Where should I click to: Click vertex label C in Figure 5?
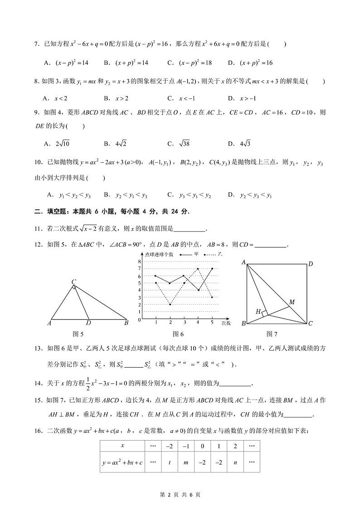pos(73,282)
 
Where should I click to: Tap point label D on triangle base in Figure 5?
pos(88,323)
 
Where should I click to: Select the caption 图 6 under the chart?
pos(178,334)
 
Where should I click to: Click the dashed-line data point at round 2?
pos(170,304)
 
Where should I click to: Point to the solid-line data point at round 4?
pos(198,290)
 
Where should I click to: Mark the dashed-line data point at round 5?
pos(212,297)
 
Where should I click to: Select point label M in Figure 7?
pos(292,302)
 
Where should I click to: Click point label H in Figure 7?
pos(258,311)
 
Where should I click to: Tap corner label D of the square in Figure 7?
pos(311,264)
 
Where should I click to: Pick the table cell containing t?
pos(169,462)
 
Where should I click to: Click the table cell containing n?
pos(235,462)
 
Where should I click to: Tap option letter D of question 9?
pos(231,144)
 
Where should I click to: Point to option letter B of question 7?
pos(107,63)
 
